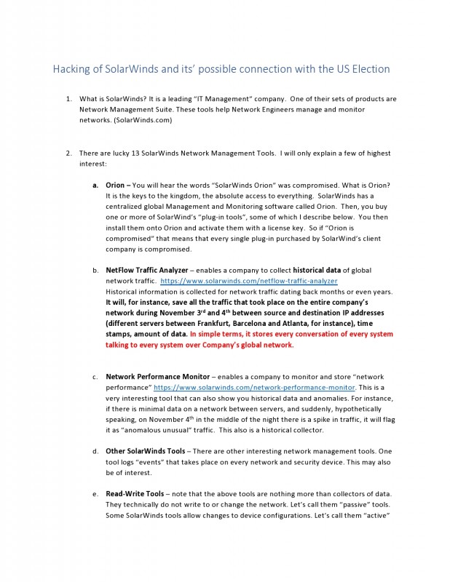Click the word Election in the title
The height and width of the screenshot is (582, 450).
pyautogui.click(x=368, y=69)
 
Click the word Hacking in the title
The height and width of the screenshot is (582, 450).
pyautogui.click(x=72, y=69)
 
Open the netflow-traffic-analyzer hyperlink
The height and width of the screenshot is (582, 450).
pyautogui.click(x=248, y=281)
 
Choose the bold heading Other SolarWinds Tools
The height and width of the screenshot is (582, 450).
pyautogui.click(x=150, y=451)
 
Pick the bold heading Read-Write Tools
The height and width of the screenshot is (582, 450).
pyautogui.click(x=134, y=494)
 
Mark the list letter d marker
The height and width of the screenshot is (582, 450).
pyautogui.click(x=95, y=451)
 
